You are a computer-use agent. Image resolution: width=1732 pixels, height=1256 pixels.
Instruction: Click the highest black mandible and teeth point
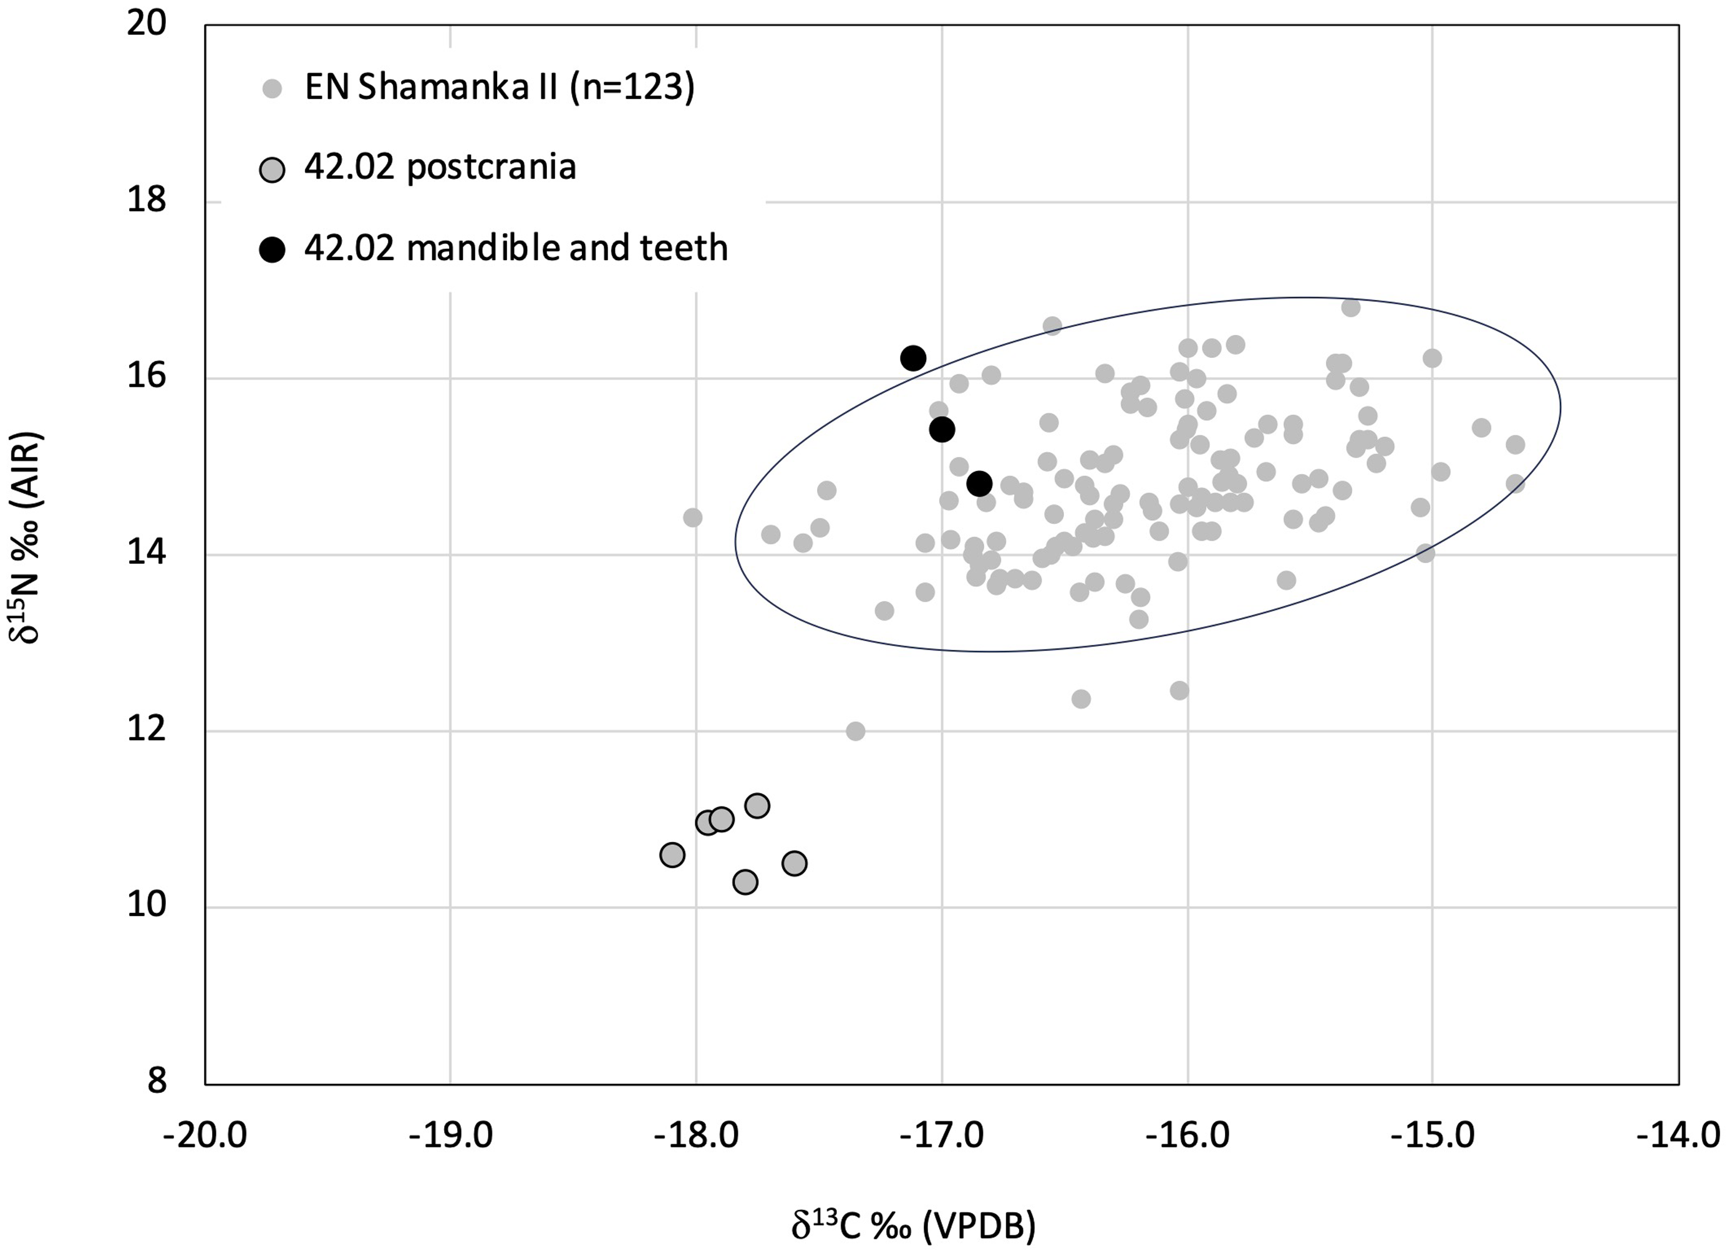point(912,358)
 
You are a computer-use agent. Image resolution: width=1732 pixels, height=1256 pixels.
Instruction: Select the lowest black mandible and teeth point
point(979,483)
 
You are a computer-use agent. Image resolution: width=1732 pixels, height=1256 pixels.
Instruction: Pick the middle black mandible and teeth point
point(942,430)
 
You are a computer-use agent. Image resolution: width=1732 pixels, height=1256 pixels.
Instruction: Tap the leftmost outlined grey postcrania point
point(672,855)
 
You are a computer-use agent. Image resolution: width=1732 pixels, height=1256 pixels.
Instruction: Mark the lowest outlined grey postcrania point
point(745,882)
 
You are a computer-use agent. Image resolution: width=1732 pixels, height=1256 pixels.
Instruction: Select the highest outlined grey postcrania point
point(757,806)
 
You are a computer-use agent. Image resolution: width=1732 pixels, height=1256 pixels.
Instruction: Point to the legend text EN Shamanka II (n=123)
point(500,88)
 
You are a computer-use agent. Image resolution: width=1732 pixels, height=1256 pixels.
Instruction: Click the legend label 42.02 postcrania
point(440,167)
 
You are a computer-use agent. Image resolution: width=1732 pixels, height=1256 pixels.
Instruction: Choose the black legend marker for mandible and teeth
point(272,249)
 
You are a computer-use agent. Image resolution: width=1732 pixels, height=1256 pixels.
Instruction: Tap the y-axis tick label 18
point(147,201)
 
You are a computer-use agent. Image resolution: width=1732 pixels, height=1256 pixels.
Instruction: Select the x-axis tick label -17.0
point(942,1136)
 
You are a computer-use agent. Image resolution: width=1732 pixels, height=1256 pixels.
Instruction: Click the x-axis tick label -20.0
point(205,1136)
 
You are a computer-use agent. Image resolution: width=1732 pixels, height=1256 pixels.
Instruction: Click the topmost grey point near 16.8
point(1350,307)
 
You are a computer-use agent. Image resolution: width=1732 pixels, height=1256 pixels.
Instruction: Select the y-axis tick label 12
point(147,731)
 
